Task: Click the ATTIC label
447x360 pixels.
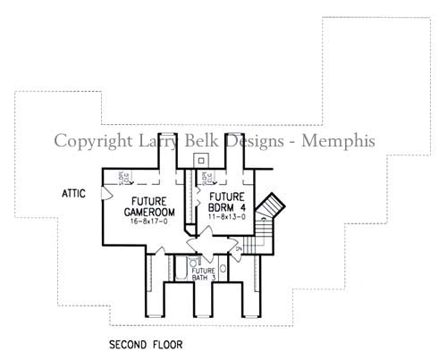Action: (73, 193)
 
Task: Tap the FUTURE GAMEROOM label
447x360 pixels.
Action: (145, 206)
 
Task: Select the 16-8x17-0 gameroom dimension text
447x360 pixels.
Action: (145, 221)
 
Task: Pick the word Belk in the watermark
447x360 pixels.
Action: (201, 141)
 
